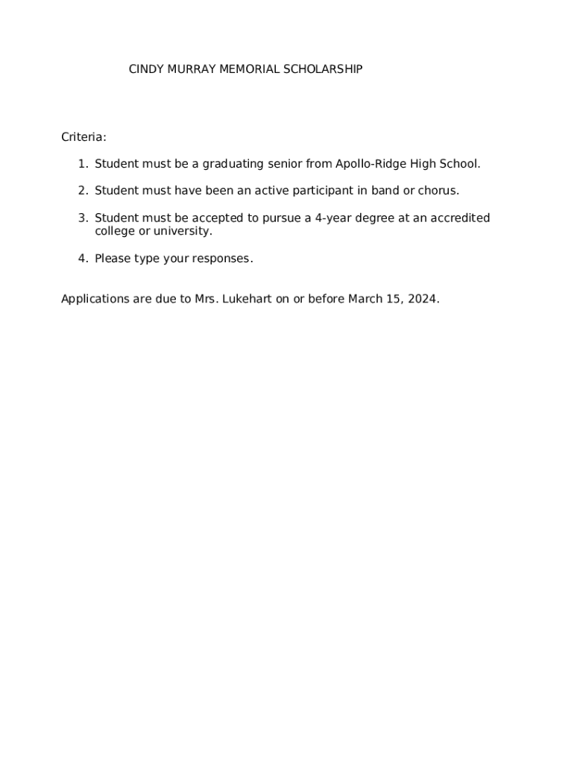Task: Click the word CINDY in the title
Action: pos(145,69)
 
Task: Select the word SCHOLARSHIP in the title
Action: pos(325,69)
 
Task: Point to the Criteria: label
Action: pos(83,137)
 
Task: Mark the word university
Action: pos(183,231)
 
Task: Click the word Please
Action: pos(113,259)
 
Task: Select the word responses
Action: pos(222,259)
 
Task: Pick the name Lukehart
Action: pos(247,300)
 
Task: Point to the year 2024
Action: pos(423,300)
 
